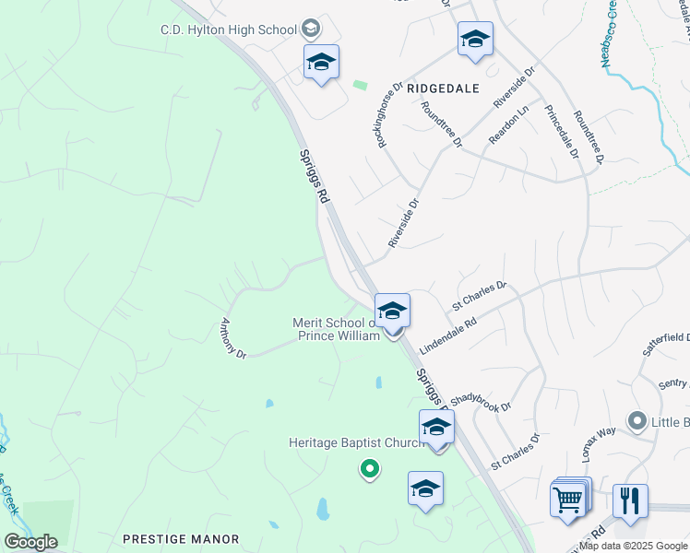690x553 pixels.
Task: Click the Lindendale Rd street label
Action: (447, 337)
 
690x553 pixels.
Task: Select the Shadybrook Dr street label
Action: (480, 406)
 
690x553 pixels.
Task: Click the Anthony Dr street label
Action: (232, 339)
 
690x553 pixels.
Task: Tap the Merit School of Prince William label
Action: (336, 329)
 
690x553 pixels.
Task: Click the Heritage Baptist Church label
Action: (355, 443)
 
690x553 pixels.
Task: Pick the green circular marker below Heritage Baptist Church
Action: (369, 470)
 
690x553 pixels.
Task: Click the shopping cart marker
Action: (568, 500)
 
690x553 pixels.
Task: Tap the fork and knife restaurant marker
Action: (630, 500)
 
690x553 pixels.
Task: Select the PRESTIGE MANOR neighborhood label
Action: (181, 539)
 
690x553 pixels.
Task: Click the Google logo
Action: (30, 542)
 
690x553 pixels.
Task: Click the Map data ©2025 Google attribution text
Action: (634, 547)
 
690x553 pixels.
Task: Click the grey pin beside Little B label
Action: (636, 422)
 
